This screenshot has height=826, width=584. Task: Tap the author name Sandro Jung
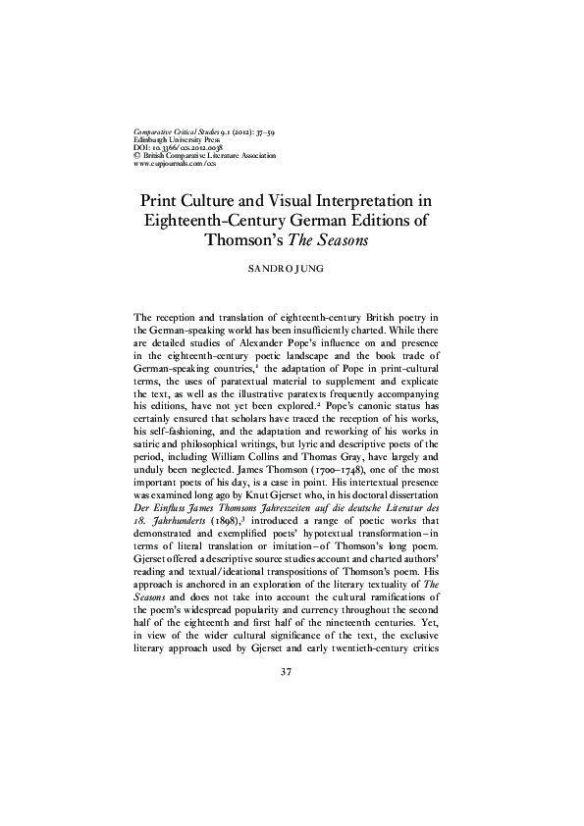pos(292,266)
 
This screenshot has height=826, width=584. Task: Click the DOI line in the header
pos(173,146)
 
